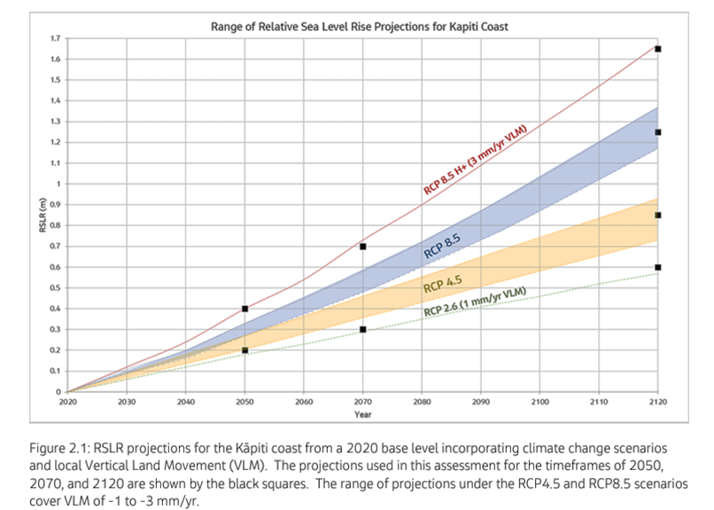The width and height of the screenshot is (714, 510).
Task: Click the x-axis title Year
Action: tap(362, 414)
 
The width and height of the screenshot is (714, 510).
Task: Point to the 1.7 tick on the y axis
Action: tap(57, 39)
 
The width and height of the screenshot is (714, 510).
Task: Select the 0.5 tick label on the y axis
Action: tap(57, 287)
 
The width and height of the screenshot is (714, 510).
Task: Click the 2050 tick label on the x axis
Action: tap(244, 401)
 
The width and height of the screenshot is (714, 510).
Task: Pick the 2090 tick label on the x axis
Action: tap(480, 401)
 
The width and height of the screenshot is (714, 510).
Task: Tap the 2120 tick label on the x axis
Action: tap(657, 401)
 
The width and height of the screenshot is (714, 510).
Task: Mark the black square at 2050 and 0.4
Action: tap(244, 309)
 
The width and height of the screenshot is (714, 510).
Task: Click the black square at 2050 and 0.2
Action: tap(244, 350)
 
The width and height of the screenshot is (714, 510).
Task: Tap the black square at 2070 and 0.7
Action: tap(362, 247)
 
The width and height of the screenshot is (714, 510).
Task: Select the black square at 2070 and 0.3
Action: tap(362, 330)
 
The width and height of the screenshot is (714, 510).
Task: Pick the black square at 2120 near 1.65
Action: tap(657, 49)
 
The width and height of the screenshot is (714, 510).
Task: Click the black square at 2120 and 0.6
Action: tap(657, 267)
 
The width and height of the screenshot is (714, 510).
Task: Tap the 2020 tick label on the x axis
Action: tap(67, 401)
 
